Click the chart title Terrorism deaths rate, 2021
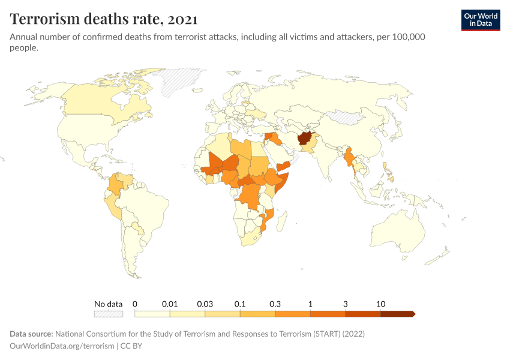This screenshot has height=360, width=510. point(104,19)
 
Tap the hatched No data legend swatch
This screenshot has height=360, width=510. point(109,314)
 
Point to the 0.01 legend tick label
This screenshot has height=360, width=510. point(170,304)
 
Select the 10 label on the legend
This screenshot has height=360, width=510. point(380,304)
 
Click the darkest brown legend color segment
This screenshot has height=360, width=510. point(397,314)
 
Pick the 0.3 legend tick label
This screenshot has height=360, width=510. point(275,304)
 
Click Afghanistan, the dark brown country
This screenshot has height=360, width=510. point(305,139)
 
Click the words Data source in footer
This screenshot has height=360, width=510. point(31,334)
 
